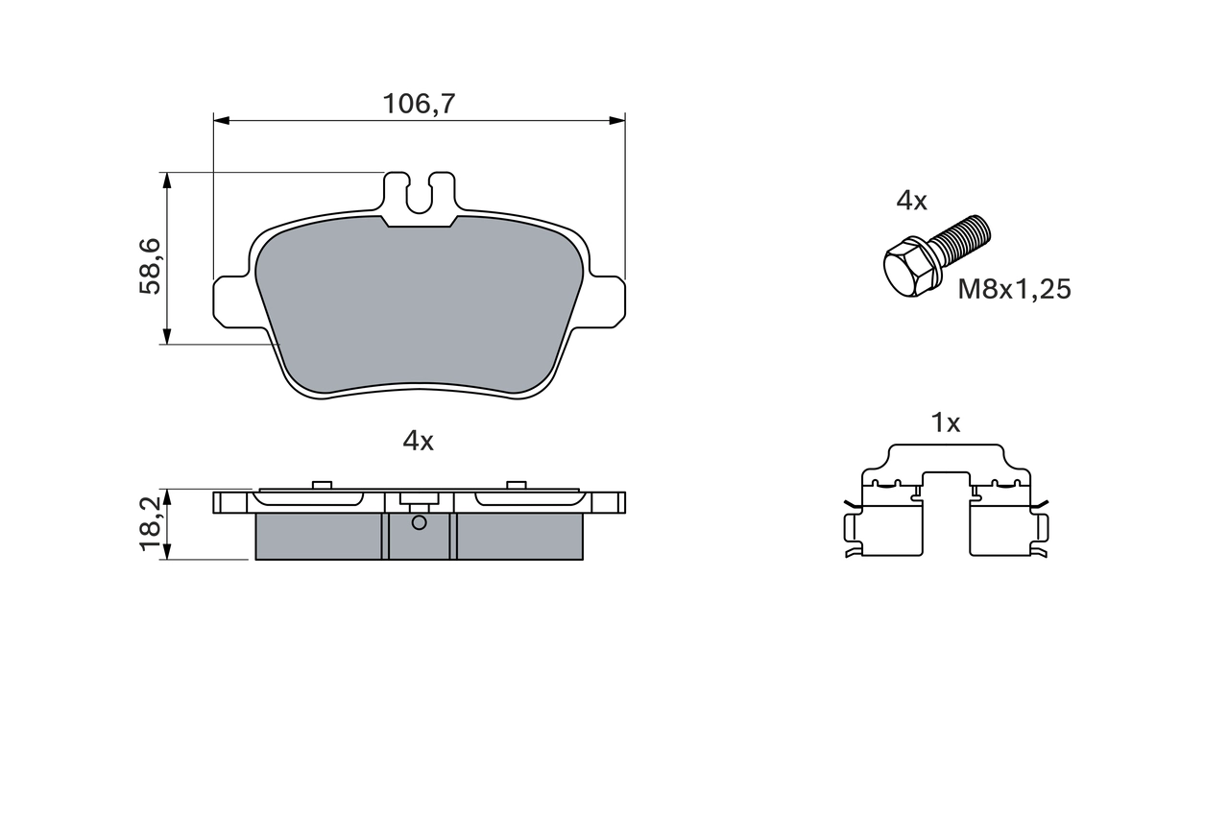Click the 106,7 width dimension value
pyautogui.click(x=419, y=103)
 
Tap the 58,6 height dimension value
pyautogui.click(x=152, y=267)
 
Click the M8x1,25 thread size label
pyautogui.click(x=1014, y=289)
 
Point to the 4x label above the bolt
pyautogui.click(x=911, y=201)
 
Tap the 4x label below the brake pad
pyautogui.click(x=418, y=441)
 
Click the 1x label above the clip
pyautogui.click(x=946, y=422)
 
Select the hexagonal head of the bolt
pyautogui.click(x=906, y=269)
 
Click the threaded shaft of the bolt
pyautogui.click(x=962, y=240)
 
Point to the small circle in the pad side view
pyautogui.click(x=419, y=522)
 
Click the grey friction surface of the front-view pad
pyautogui.click(x=419, y=307)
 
